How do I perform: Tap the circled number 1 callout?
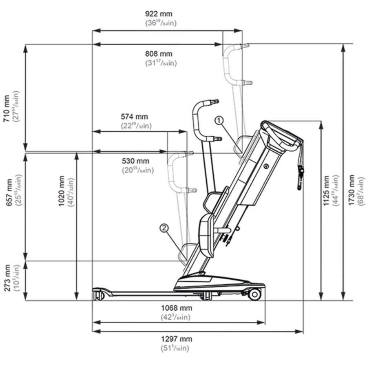(x=219, y=120)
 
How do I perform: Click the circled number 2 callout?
(x=164, y=228)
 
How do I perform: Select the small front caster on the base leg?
(x=97, y=295)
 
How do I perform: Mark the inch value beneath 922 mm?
(x=161, y=23)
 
